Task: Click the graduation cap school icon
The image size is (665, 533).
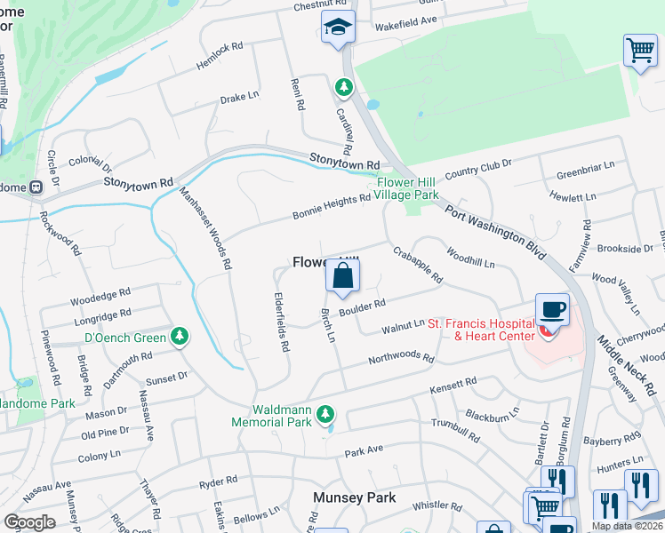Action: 338,28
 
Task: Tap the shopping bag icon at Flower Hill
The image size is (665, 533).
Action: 343,276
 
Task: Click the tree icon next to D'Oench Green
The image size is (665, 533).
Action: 180,335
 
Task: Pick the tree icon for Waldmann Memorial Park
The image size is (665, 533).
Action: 326,413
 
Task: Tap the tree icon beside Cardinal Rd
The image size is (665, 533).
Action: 343,87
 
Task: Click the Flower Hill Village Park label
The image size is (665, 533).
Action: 406,187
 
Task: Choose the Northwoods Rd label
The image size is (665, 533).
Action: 401,359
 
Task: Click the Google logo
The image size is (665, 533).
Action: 29,522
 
